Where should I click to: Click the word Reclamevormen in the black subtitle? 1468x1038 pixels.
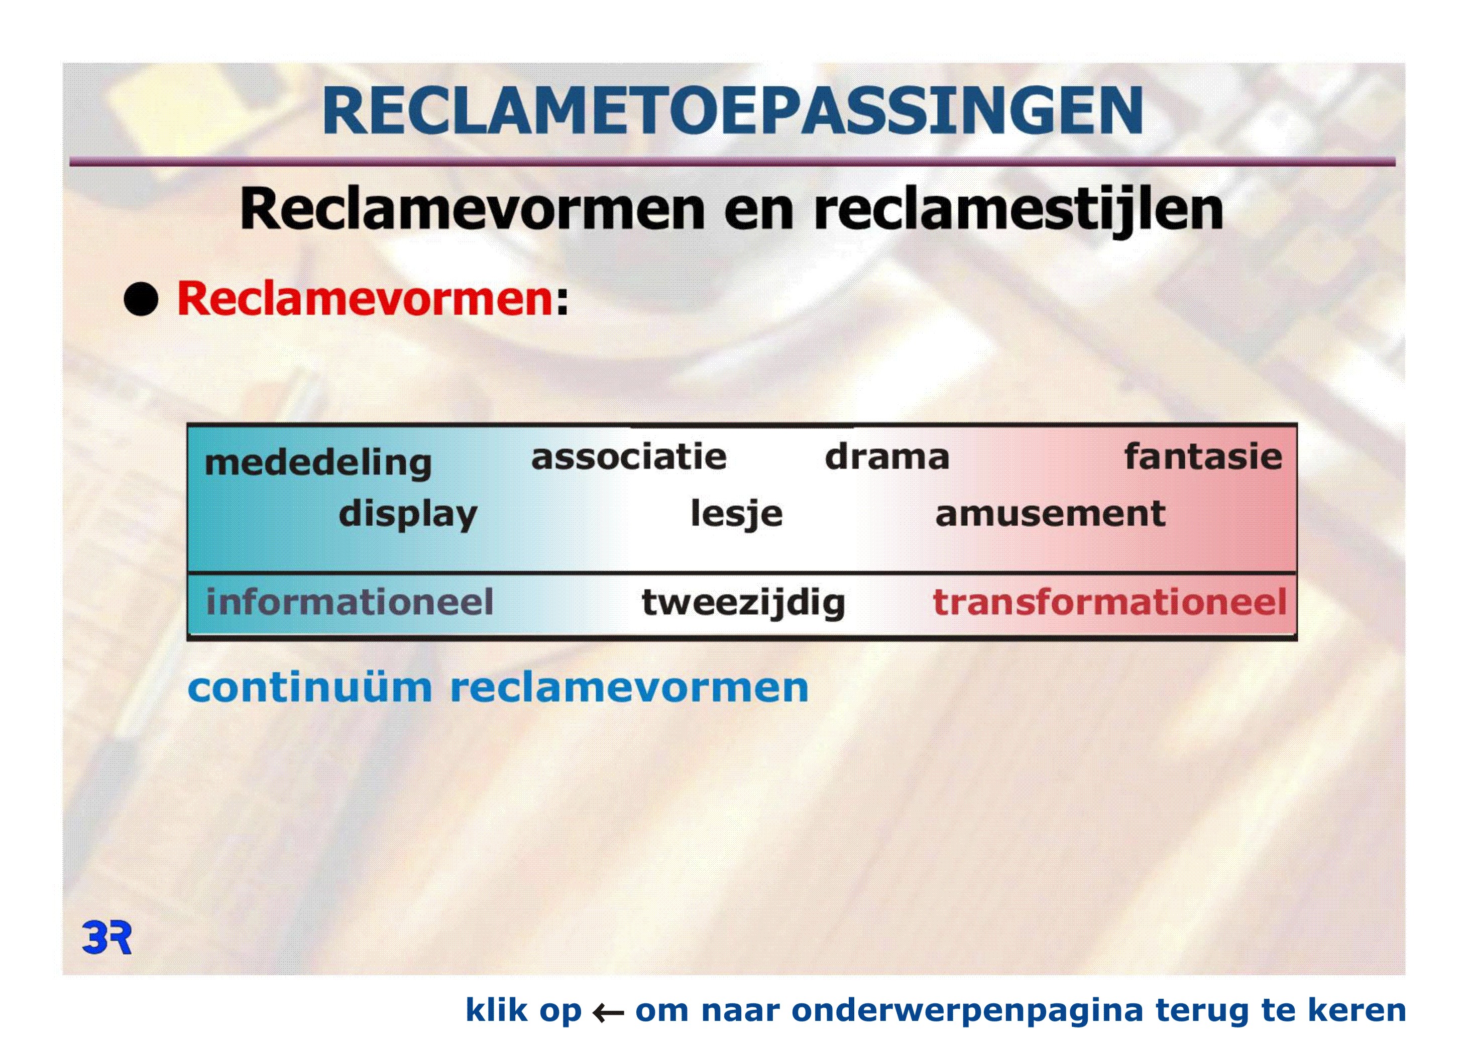click(473, 209)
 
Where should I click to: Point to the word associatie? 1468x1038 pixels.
click(628, 456)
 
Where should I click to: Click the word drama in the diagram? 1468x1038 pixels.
click(887, 456)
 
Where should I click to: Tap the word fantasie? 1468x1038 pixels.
click(1203, 456)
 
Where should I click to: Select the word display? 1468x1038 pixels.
click(408, 515)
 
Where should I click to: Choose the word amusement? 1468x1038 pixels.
click(1050, 514)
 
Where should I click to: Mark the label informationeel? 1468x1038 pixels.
click(349, 602)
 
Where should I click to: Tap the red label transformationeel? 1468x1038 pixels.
click(1109, 602)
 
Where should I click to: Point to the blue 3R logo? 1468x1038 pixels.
click(107, 938)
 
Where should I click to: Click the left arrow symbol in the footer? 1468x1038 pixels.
click(608, 1012)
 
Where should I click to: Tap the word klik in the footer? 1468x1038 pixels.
click(496, 1009)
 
